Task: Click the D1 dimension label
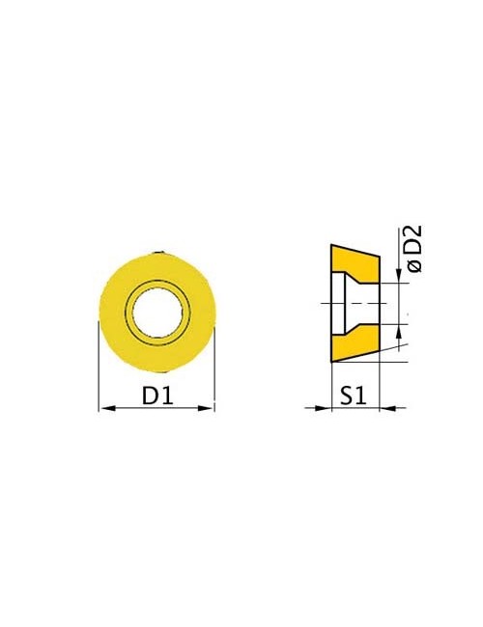157,395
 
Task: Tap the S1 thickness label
354,395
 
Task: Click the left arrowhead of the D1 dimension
107,408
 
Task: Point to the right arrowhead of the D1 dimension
207,408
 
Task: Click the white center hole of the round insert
157,312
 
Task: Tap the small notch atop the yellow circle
159,253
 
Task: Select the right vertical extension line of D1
214,368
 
